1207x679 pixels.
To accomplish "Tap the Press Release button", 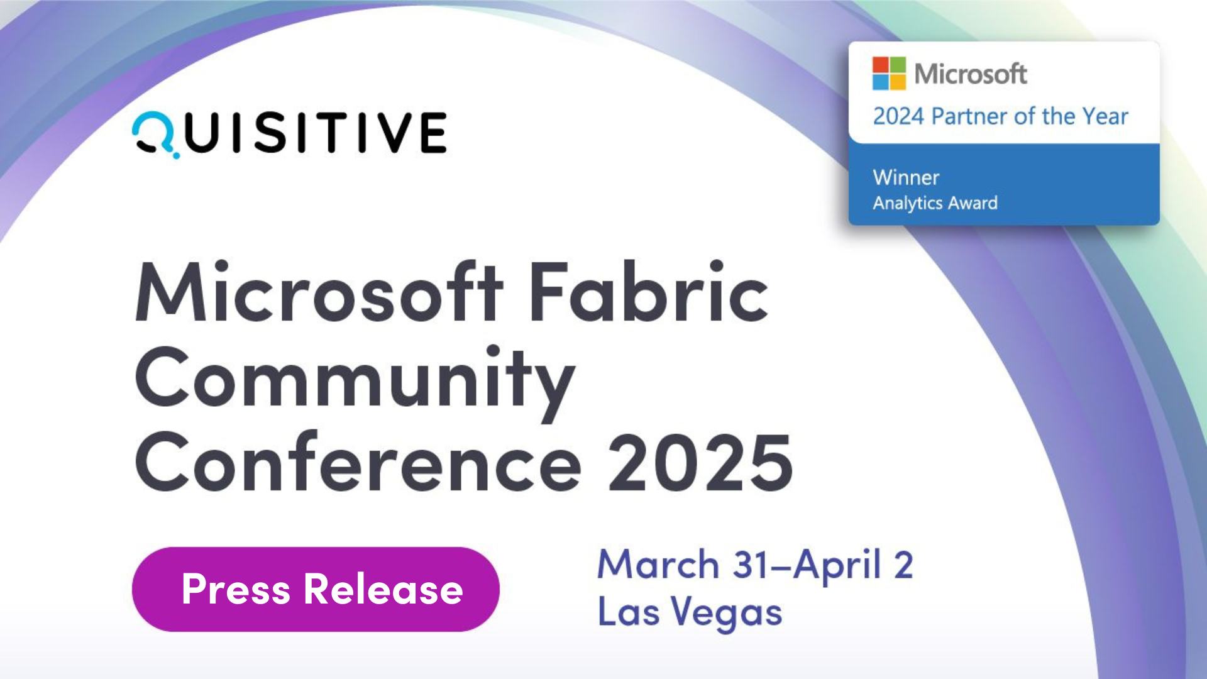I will (316, 589).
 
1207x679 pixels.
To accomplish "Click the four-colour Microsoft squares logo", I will (889, 74).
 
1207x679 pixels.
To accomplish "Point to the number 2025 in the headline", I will (700, 464).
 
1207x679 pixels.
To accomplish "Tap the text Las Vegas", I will (690, 612).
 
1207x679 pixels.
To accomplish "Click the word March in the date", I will (658, 564).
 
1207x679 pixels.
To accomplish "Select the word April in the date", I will (837, 565).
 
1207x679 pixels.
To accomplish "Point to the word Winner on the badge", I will (906, 178).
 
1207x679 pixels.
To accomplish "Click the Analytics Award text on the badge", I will (935, 203).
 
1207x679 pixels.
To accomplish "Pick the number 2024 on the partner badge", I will (898, 117).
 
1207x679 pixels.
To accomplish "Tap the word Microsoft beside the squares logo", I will (971, 74).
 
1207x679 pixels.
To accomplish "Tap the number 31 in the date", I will (751, 565).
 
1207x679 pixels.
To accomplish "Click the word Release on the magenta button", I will (383, 590).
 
